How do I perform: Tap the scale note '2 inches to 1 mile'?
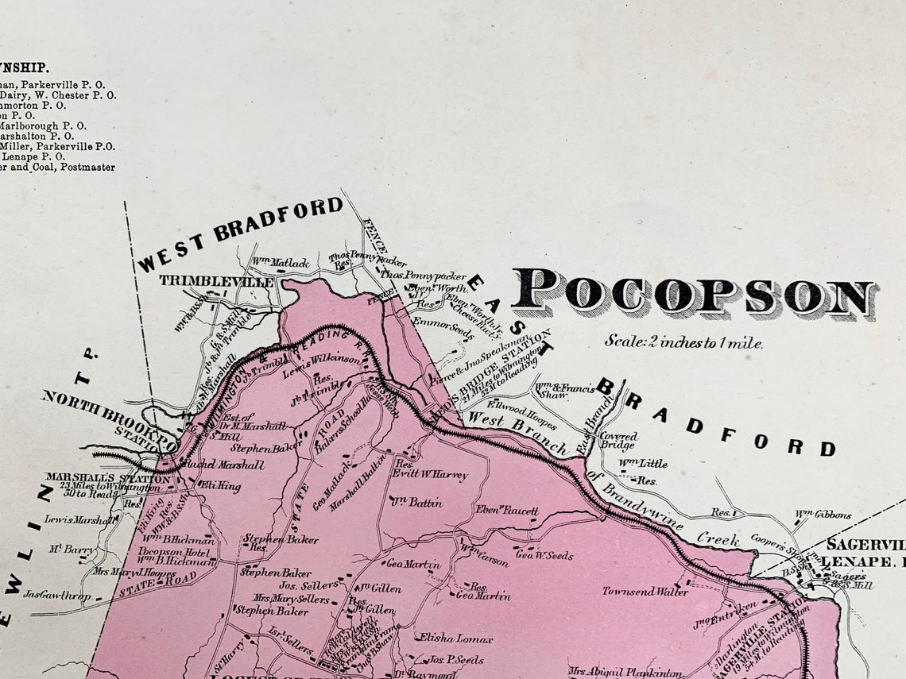[x=683, y=342]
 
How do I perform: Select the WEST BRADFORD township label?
[x=240, y=233]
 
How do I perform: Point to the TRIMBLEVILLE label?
[x=216, y=281]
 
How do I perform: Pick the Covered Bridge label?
[x=618, y=441]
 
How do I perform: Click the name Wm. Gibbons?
[x=823, y=515]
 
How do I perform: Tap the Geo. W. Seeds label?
[x=544, y=555]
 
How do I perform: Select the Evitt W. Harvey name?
[x=430, y=475]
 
